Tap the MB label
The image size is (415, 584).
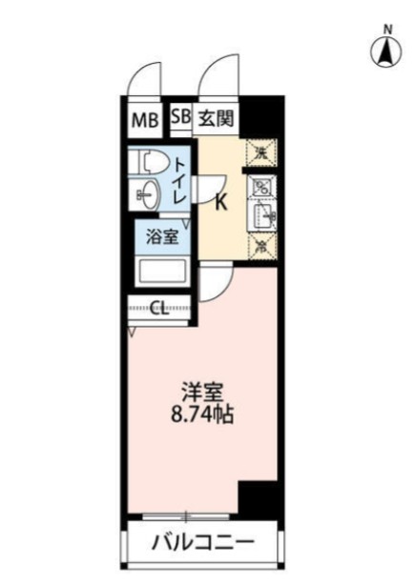tap(145, 121)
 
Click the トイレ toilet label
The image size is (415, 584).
tap(180, 181)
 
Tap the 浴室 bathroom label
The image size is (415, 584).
tap(161, 236)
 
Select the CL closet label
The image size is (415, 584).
tap(161, 309)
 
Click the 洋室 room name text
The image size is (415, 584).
tap(202, 392)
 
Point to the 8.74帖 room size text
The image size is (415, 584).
tap(202, 415)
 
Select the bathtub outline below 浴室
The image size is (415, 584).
tap(162, 272)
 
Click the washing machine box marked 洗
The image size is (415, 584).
tap(259, 151)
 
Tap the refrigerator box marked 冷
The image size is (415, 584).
tap(259, 246)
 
